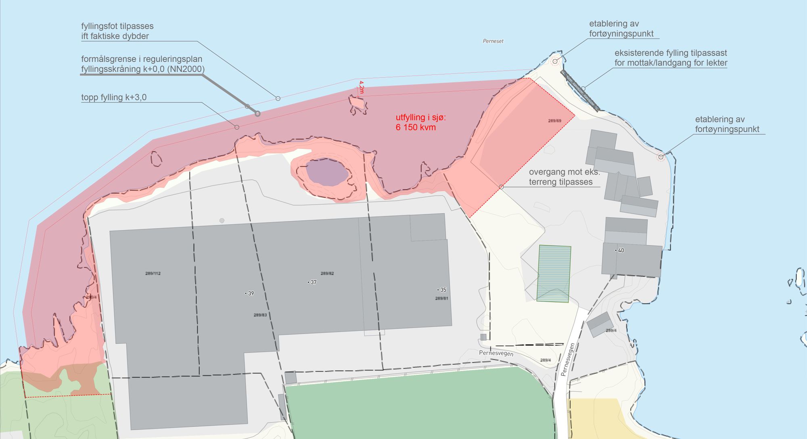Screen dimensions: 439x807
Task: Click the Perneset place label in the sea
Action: tap(493, 41)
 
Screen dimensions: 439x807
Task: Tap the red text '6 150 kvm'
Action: tap(416, 128)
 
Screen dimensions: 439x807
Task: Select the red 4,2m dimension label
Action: tap(361, 87)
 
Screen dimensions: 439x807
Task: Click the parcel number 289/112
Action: tap(153, 273)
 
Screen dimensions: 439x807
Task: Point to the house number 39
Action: tap(251, 294)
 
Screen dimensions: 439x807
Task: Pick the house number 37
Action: tap(313, 282)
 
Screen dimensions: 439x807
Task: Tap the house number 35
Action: tap(443, 290)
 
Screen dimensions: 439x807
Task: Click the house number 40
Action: tap(621, 250)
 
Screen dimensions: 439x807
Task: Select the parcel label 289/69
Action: tap(554, 121)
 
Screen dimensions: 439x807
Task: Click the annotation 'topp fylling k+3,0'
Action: tap(114, 97)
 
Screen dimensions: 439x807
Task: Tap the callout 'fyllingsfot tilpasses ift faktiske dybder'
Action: tap(117, 31)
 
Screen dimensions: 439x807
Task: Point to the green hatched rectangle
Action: tap(554, 273)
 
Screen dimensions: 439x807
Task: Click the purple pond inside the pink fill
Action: tap(326, 172)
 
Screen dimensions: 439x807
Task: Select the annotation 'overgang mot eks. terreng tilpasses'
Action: tap(564, 177)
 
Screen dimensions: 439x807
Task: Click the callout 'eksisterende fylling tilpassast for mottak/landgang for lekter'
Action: tap(671, 58)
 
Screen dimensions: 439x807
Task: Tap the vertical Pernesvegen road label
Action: tap(567, 359)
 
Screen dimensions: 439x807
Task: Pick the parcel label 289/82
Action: tap(327, 273)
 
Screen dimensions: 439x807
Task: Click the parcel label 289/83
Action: tap(260, 315)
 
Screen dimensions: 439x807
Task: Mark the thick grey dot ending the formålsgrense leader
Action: tap(257, 114)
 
